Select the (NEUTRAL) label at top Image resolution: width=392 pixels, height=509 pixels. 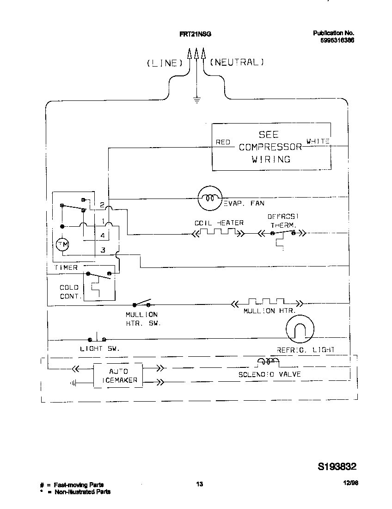pos(237,62)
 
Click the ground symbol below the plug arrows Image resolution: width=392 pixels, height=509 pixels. pos(197,100)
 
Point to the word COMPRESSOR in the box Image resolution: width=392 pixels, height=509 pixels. pos(270,147)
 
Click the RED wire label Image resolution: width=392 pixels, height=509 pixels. pos(223,142)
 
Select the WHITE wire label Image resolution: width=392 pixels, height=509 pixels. pos(318,141)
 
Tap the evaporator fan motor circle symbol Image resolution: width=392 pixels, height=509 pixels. pos(211,199)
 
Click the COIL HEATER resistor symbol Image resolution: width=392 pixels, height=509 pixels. pos(219,234)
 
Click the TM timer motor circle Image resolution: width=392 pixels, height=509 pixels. pos(62,245)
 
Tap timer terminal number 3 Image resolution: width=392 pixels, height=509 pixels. pos(103,250)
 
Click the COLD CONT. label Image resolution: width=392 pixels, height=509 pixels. pos(69,292)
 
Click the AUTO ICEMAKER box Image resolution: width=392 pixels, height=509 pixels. pos(118,376)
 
